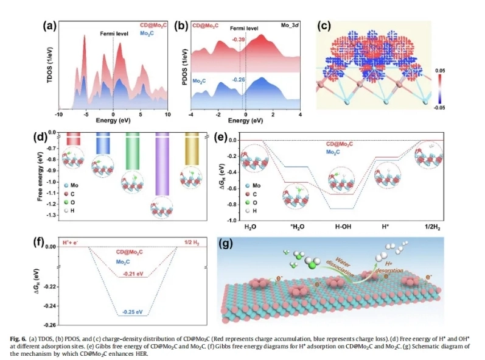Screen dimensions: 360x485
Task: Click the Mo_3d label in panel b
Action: coord(288,26)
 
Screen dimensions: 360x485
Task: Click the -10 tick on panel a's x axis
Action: coord(58,115)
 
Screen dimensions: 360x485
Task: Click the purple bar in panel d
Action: coord(162,164)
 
